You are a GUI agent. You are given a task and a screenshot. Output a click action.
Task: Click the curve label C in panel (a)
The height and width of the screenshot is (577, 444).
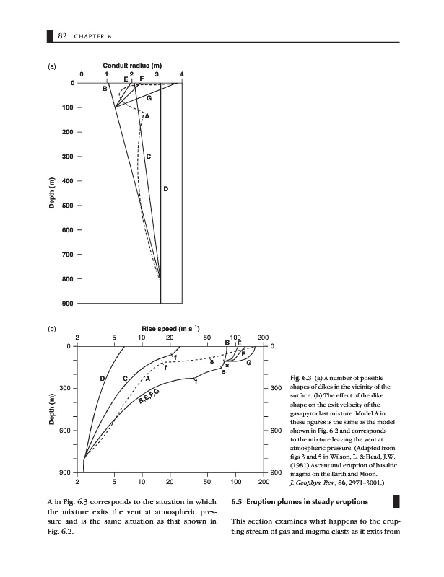(148, 157)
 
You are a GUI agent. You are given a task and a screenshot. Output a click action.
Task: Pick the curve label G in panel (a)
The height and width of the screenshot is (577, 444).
(149, 97)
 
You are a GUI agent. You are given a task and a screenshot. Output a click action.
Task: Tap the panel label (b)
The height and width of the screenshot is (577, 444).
(51, 330)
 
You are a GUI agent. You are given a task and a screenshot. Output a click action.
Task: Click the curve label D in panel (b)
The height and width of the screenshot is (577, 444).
(103, 379)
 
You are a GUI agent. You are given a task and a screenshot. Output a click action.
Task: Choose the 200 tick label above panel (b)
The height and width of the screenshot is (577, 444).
(262, 338)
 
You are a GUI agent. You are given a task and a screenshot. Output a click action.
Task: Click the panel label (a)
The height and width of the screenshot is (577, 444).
(51, 67)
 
